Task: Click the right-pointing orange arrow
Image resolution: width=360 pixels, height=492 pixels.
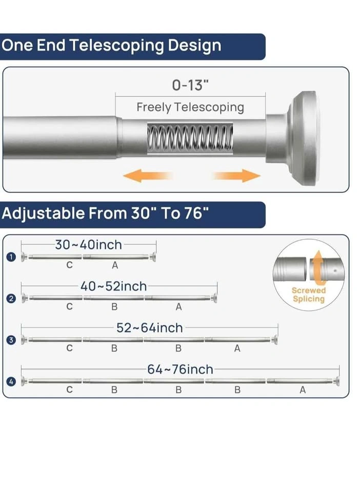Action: [237, 175]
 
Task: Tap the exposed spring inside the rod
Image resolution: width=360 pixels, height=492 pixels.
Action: [190, 138]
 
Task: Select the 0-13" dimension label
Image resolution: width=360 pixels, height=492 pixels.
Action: [190, 85]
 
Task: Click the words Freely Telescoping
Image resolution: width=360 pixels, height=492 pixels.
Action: [190, 107]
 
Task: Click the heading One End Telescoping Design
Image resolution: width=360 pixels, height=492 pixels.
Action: [111, 46]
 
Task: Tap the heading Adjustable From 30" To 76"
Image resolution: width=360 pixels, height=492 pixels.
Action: [105, 213]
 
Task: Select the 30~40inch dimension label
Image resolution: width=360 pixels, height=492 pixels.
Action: [89, 245]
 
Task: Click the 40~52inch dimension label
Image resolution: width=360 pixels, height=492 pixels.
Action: [114, 286]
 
